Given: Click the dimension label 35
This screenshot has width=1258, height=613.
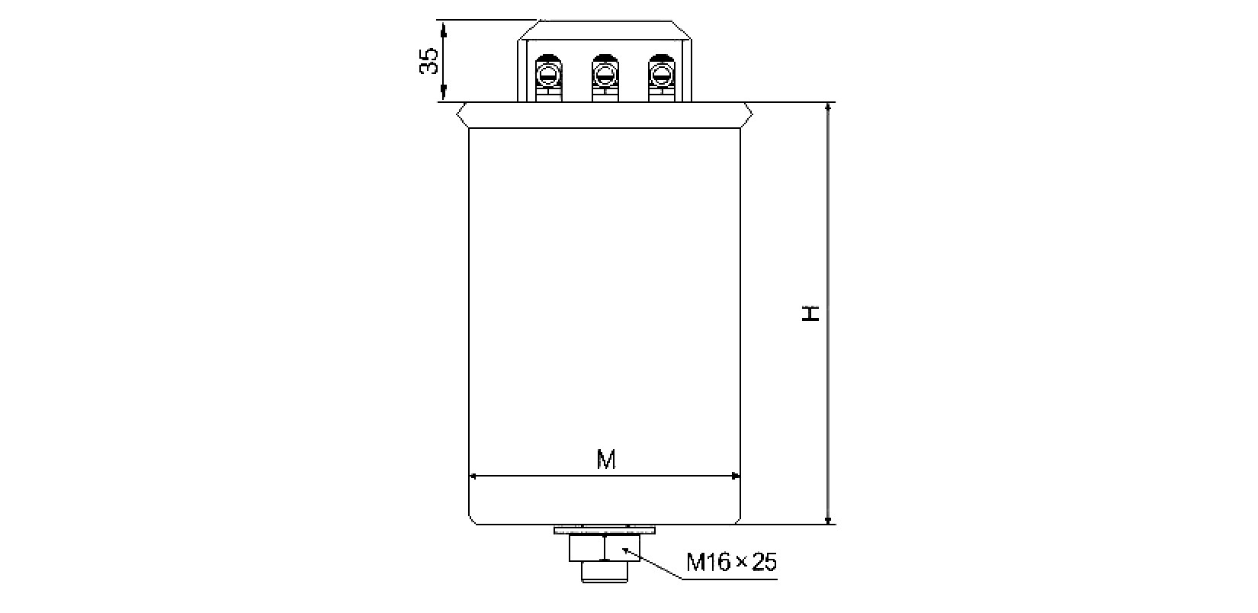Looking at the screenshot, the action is (x=429, y=61).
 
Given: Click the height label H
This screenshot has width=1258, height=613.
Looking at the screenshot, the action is (x=810, y=313).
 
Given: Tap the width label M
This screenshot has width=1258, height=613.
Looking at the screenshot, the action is (x=606, y=460).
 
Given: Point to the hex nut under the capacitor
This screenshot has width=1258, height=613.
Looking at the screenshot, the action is (x=605, y=548).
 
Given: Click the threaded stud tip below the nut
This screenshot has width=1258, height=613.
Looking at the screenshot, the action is (x=605, y=572).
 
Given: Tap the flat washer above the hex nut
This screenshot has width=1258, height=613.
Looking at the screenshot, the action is (x=605, y=531).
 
